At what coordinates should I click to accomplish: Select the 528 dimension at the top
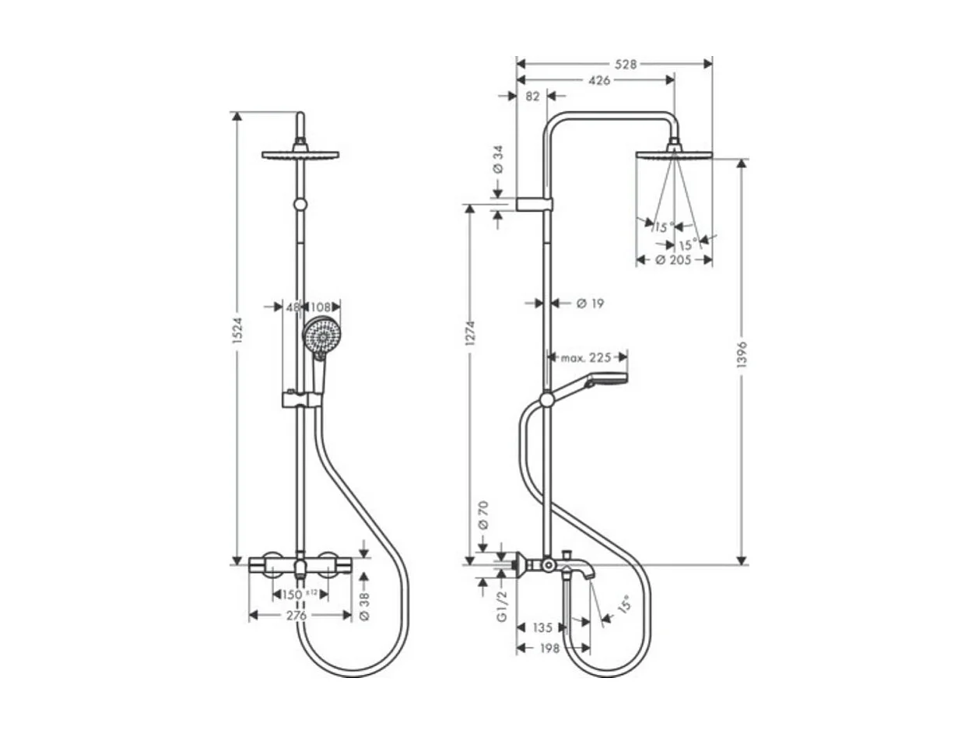click(x=624, y=65)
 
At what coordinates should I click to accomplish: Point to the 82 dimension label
click(x=532, y=96)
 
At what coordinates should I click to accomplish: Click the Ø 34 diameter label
click(x=499, y=160)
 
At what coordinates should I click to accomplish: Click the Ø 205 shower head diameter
click(x=674, y=260)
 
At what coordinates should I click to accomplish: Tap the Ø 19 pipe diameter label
click(x=590, y=303)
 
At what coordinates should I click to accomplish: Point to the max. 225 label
click(x=584, y=357)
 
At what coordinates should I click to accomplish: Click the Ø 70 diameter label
click(x=482, y=515)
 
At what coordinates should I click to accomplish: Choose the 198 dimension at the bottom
click(x=549, y=648)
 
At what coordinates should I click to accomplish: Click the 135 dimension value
click(x=543, y=627)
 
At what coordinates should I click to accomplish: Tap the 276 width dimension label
click(x=296, y=615)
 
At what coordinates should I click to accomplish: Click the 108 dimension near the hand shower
click(x=321, y=307)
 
